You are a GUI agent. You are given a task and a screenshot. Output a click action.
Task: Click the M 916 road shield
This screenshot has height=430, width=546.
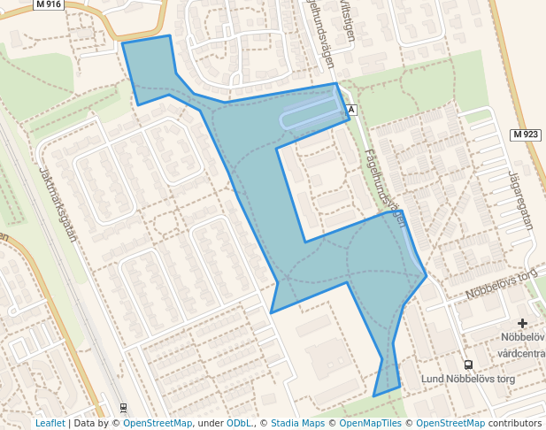tap(48, 4)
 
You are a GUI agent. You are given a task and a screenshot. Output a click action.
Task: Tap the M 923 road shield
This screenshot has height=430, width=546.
tap(525, 134)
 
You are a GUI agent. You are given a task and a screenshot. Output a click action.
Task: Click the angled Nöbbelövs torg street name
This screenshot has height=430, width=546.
tap(502, 282)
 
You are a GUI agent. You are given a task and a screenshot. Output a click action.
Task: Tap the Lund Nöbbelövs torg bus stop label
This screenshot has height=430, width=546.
tap(468, 380)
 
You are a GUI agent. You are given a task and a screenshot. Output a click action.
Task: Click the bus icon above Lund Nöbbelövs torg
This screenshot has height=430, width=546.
tap(468, 365)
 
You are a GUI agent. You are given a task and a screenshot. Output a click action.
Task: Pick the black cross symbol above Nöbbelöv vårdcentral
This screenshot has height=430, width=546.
tap(523, 324)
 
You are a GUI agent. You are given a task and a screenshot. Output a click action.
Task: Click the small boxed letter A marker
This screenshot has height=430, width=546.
tap(351, 110)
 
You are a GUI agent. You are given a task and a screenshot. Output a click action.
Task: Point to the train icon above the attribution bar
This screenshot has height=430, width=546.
tap(123, 409)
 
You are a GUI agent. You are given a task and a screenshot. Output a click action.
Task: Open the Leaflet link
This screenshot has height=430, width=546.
tap(50, 423)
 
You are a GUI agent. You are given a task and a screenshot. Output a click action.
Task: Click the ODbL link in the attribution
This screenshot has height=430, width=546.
tap(238, 423)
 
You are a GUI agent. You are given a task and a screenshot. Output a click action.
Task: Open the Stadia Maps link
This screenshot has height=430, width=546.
tap(297, 423)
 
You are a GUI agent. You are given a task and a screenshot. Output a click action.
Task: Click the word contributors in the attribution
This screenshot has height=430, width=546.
tap(511, 423)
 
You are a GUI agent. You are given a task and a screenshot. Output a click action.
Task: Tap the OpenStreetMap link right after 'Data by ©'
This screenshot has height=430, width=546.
tap(158, 423)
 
